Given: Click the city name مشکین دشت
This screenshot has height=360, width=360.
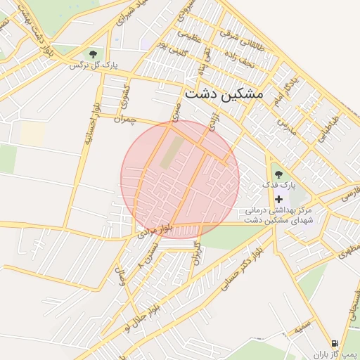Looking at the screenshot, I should tap(223, 93).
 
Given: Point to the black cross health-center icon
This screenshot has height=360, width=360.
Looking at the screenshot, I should tap(279, 200).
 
